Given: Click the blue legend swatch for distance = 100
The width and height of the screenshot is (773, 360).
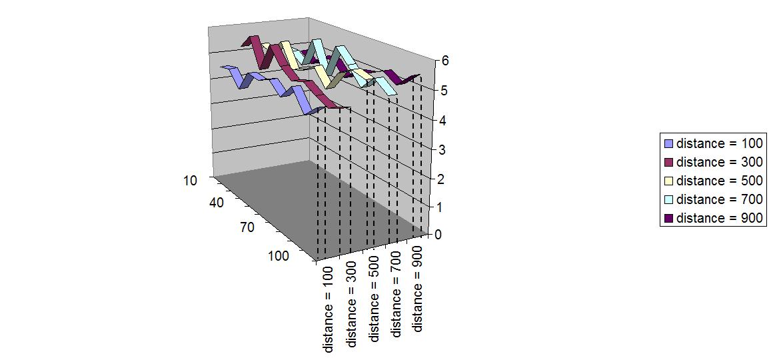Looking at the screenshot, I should pyautogui.click(x=669, y=143).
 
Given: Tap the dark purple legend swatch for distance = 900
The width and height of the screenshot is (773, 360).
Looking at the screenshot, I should pyautogui.click(x=669, y=218).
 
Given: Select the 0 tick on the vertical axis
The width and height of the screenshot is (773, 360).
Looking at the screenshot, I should pyautogui.click(x=438, y=235).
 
